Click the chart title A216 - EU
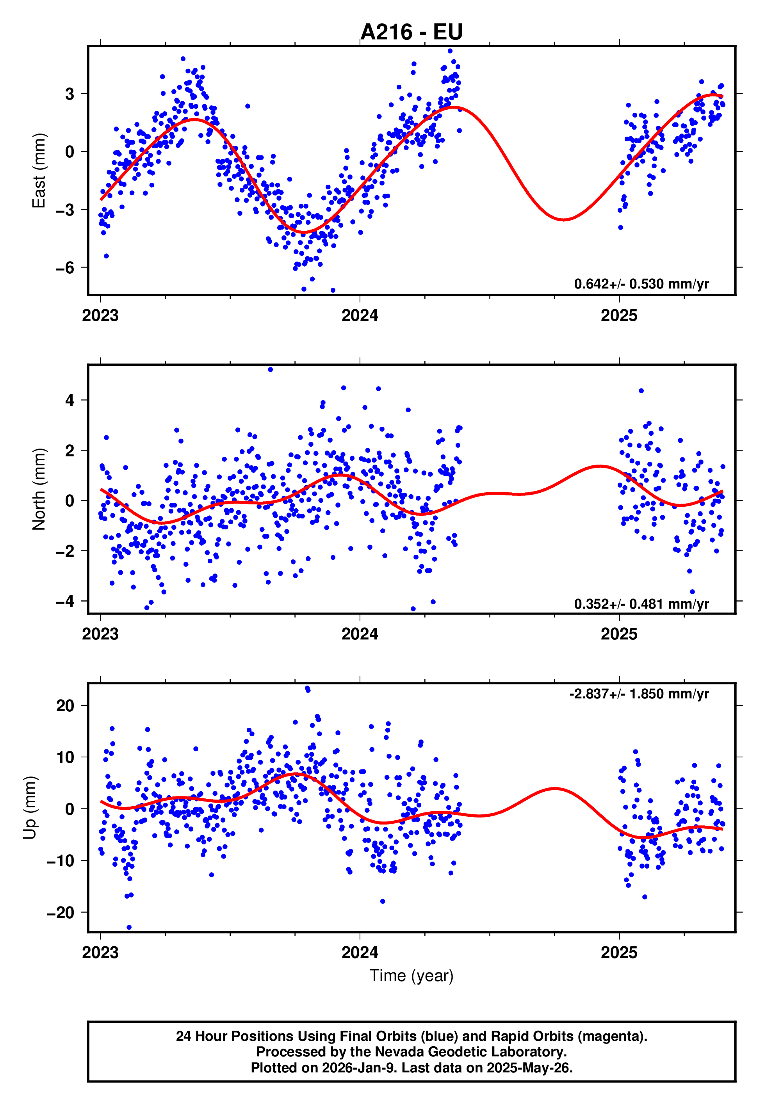point(412,32)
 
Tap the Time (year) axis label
point(412,976)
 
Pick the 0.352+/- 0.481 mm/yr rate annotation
point(641,604)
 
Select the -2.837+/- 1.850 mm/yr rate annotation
point(639,694)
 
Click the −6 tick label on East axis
point(65,268)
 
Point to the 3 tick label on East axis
point(70,94)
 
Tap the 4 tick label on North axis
point(70,400)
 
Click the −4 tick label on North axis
point(65,601)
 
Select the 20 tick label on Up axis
point(65,706)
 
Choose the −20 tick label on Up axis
point(61,913)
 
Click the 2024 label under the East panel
point(360,316)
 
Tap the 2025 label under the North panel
point(619,634)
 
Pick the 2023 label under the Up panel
point(100,953)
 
